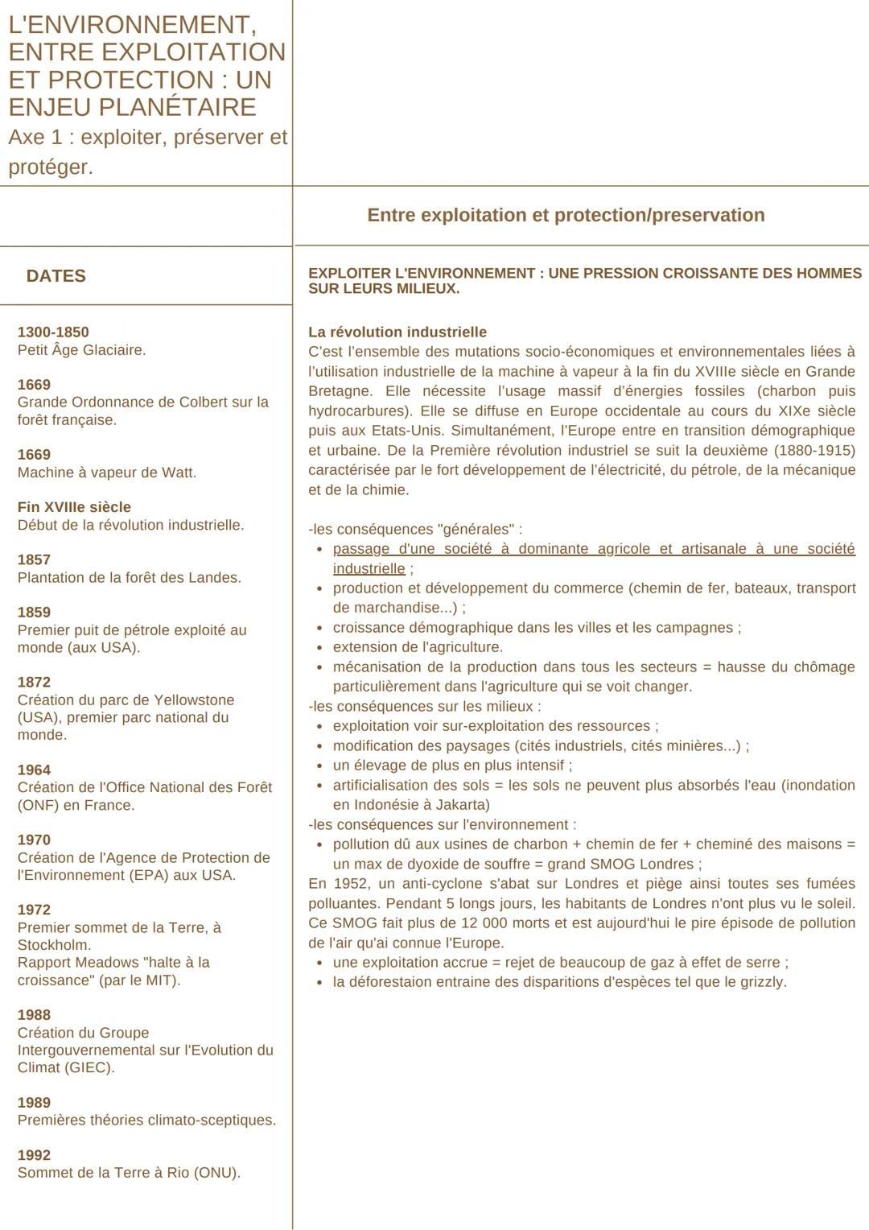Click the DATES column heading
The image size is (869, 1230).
[56, 276]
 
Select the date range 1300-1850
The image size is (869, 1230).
[53, 332]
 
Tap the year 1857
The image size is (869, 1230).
[34, 559]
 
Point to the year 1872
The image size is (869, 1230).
[34, 682]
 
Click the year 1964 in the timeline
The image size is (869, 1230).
[34, 770]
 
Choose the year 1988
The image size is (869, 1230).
[34, 1014]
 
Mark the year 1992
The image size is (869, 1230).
[34, 1154]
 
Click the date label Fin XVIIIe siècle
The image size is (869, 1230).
[74, 507]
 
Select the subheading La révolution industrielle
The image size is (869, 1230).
[397, 332]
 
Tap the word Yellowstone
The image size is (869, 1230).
[194, 700]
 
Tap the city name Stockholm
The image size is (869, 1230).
[53, 945]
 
